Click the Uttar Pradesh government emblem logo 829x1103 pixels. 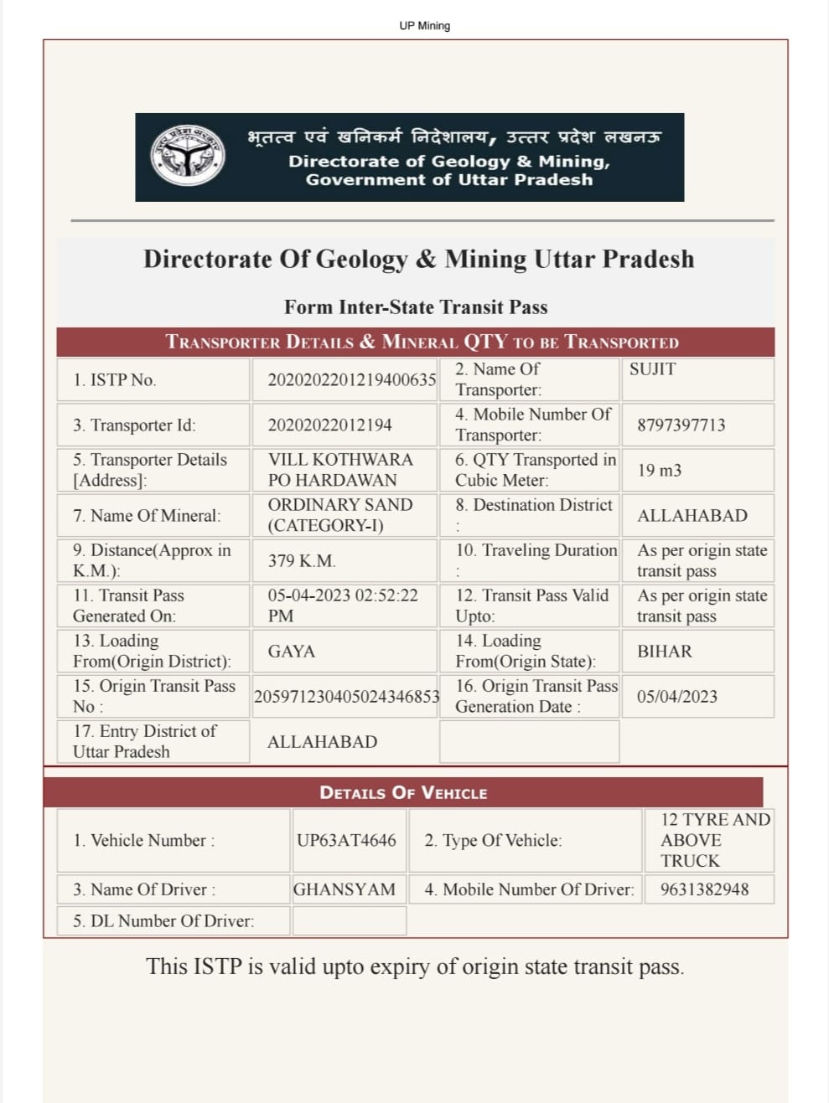coord(188,156)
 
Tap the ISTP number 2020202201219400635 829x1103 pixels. coord(351,379)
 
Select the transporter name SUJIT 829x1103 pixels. coord(652,369)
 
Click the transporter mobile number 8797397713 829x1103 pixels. coord(681,425)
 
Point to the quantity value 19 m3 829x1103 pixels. coord(659,470)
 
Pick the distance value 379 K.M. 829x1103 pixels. coord(302,560)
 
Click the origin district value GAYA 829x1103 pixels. coord(291,651)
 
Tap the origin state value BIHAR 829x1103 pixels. coord(664,651)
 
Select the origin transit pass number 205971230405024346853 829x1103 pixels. coord(346,696)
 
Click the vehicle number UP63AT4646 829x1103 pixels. coord(346,840)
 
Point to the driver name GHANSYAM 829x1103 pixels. coord(344,889)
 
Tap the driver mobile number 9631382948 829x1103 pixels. coord(704,889)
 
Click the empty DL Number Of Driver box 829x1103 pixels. coord(349,920)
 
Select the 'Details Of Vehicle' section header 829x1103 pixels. coord(403,792)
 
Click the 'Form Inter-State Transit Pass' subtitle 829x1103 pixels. coord(416,307)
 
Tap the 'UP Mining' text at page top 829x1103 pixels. coord(424,26)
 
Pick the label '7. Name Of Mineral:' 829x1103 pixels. coord(147,515)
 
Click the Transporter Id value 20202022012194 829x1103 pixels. coord(329,425)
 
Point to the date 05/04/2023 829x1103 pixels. coord(676,696)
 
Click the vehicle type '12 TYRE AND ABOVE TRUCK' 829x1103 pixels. coord(714,840)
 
